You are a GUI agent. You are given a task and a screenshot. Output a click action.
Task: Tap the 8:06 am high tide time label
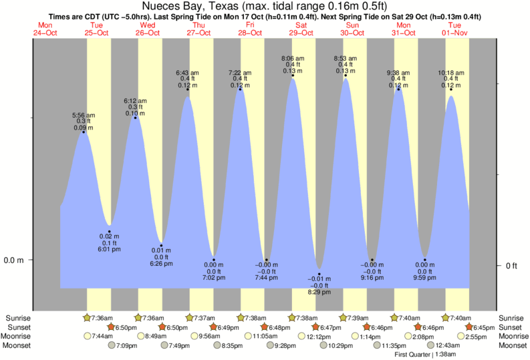pyautogui.click(x=293, y=58)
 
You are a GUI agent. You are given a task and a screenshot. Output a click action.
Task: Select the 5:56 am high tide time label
pyautogui.click(x=84, y=115)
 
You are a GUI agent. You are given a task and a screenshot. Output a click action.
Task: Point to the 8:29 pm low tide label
pyautogui.click(x=319, y=293)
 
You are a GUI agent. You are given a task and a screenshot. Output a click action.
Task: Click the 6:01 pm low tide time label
pyautogui.click(x=109, y=250)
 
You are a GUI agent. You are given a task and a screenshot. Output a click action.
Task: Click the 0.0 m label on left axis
pyautogui.click(x=14, y=260)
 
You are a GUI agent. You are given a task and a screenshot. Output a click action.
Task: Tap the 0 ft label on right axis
pyautogui.click(x=511, y=266)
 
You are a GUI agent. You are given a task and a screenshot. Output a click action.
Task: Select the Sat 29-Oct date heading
pyautogui.click(x=301, y=28)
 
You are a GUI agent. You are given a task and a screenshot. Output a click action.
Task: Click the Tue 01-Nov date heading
pyautogui.click(x=458, y=28)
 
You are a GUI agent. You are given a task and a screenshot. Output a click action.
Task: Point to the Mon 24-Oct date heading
pyautogui.click(x=45, y=28)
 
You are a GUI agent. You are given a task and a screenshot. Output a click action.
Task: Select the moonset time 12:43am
pyautogui.click(x=447, y=345)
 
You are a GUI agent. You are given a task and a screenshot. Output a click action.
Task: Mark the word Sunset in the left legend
pyautogui.click(x=17, y=327)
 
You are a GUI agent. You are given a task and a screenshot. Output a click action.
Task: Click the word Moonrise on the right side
pyautogui.click(x=512, y=337)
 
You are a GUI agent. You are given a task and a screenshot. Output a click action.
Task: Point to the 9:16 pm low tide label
pyautogui.click(x=372, y=277)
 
